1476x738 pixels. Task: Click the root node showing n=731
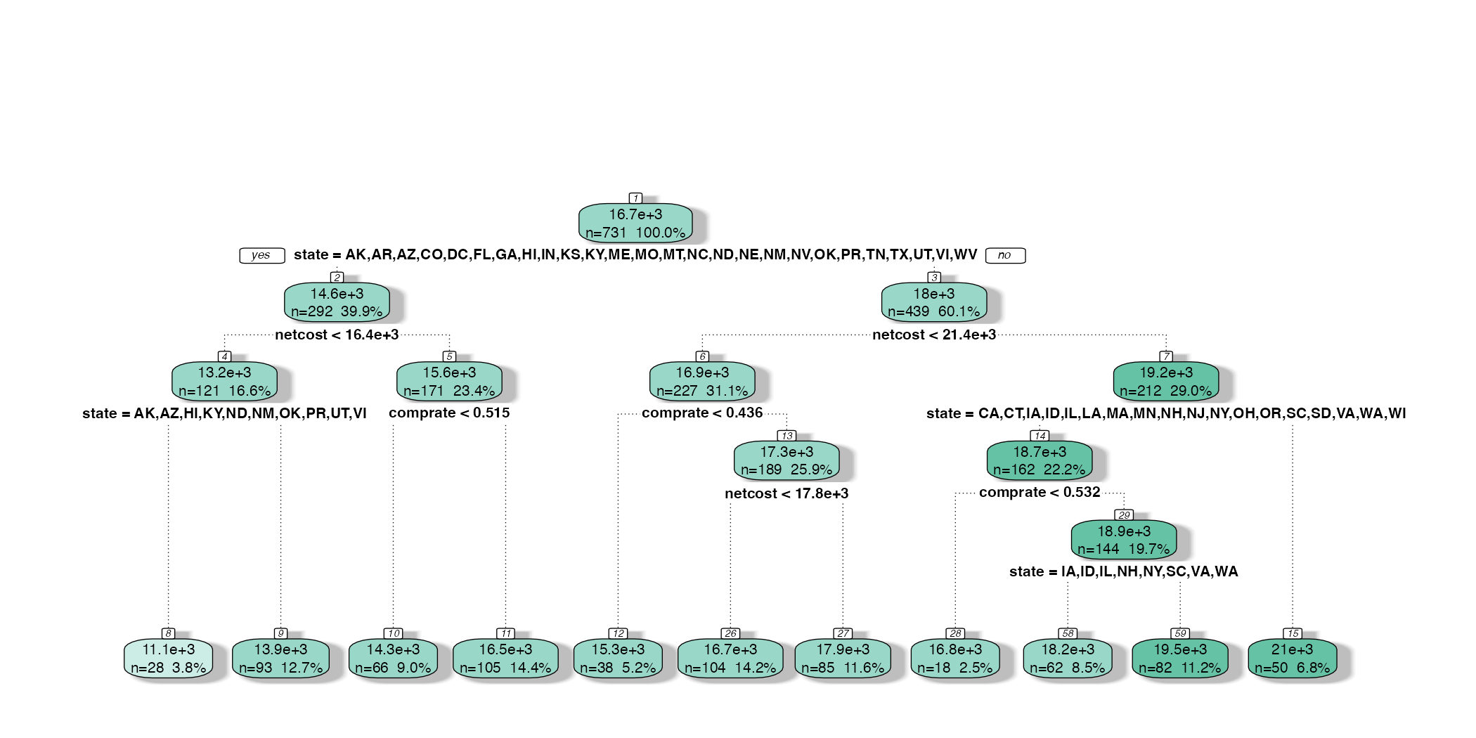click(x=635, y=224)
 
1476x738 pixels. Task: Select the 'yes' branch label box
click(x=261, y=255)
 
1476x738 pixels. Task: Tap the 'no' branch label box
click(x=1005, y=255)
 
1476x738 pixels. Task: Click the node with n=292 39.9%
click(x=337, y=302)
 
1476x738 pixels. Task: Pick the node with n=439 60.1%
click(x=934, y=302)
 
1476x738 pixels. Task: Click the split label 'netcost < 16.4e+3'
click(x=337, y=335)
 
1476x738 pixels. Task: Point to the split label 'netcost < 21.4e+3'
click(x=934, y=335)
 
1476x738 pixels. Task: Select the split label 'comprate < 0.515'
click(x=449, y=413)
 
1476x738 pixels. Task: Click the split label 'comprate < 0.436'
click(x=702, y=413)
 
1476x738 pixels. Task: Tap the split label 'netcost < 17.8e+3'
click(x=786, y=493)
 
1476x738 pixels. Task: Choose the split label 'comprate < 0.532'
click(x=1040, y=492)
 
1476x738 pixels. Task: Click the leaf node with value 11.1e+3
click(x=169, y=659)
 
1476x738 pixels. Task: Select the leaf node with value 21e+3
click(x=1292, y=659)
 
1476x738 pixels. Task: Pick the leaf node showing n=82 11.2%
click(x=1180, y=659)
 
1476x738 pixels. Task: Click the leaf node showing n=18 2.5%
click(x=955, y=659)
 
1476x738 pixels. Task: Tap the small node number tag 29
click(x=1124, y=515)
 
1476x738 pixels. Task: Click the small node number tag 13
click(x=786, y=436)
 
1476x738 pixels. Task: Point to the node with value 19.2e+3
click(x=1166, y=382)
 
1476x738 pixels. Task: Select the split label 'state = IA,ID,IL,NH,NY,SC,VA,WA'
click(x=1123, y=571)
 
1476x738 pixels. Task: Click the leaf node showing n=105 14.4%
click(x=505, y=659)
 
